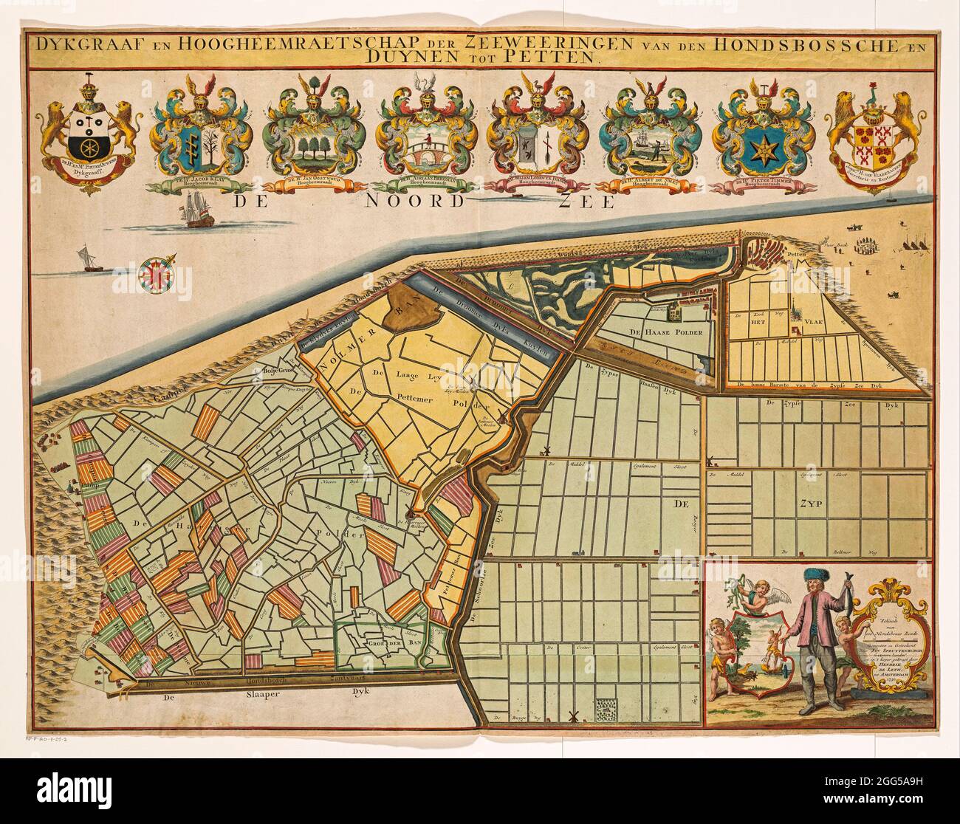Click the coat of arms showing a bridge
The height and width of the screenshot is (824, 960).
pyautogui.click(x=426, y=148)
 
